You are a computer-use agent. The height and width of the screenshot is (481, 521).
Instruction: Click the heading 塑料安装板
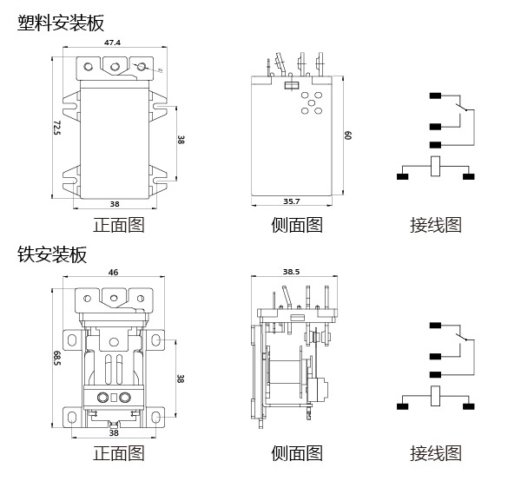pos(61,23)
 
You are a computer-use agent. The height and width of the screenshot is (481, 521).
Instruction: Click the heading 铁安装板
pos(52,254)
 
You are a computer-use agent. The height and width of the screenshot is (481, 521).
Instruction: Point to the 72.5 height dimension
pos(56,128)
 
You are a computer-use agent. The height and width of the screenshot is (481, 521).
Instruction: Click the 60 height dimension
pos(346,135)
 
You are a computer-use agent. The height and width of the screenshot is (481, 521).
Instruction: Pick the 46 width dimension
pos(113,272)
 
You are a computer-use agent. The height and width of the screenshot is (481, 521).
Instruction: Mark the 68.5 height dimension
pos(56,357)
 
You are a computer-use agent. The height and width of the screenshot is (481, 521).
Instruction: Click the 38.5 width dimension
pos(292,272)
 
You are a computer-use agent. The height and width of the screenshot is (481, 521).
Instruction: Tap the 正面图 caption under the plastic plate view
pos(118,225)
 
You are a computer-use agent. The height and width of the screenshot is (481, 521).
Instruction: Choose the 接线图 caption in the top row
pos(436,225)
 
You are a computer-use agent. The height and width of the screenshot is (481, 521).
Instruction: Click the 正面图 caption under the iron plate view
pos(118,453)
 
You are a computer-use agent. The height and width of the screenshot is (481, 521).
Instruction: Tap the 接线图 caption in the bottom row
pos(436,453)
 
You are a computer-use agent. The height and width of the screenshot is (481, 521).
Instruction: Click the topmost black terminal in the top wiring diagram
pos(434,96)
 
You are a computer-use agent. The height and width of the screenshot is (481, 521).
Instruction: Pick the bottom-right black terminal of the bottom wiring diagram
pos(470,405)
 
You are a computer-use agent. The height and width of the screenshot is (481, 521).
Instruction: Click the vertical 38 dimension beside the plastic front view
pos(181,139)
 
